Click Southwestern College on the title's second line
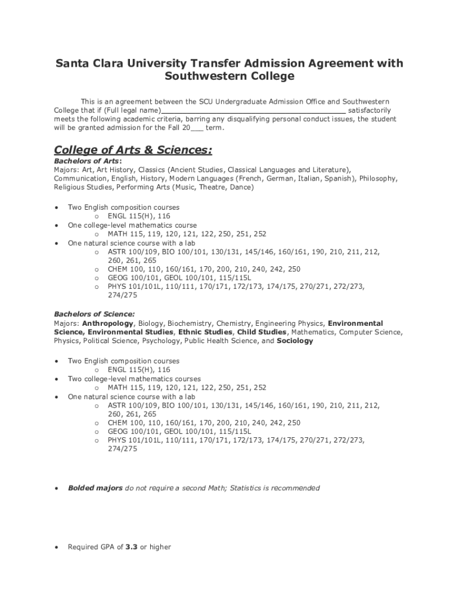(229, 77)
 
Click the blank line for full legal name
(253, 110)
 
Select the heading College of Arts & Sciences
(133, 149)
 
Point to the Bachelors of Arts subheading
(87, 161)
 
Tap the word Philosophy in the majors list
(377, 179)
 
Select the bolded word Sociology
(294, 341)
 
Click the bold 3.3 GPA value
(131, 546)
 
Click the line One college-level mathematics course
(132, 226)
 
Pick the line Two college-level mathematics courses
(134, 379)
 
